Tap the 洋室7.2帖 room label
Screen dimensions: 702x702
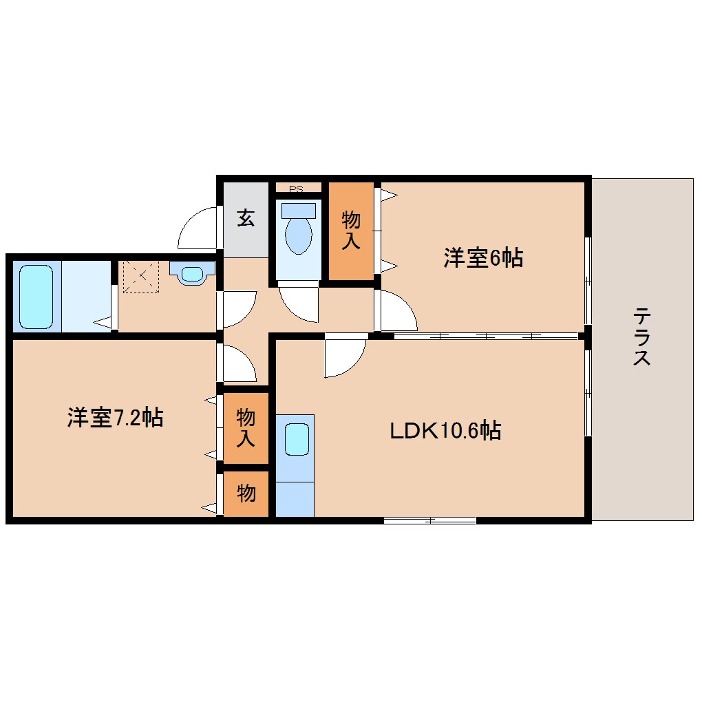[x=115, y=418]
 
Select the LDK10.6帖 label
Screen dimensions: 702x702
[x=445, y=431]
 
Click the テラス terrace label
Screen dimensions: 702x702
[x=641, y=337]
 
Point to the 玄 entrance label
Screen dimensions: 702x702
[x=246, y=219]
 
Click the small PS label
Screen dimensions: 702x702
[x=297, y=188]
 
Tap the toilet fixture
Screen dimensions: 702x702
[x=298, y=230]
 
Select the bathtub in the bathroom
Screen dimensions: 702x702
[x=36, y=297]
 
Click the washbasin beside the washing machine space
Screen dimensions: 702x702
[x=191, y=275]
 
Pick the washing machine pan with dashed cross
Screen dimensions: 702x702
[x=140, y=277]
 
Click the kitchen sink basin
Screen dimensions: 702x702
[x=297, y=440]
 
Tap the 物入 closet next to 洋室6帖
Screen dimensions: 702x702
[x=351, y=231]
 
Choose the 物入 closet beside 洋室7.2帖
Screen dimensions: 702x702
[x=246, y=427]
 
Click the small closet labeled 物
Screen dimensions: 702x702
[x=246, y=493]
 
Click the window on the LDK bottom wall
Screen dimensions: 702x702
[x=429, y=520]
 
